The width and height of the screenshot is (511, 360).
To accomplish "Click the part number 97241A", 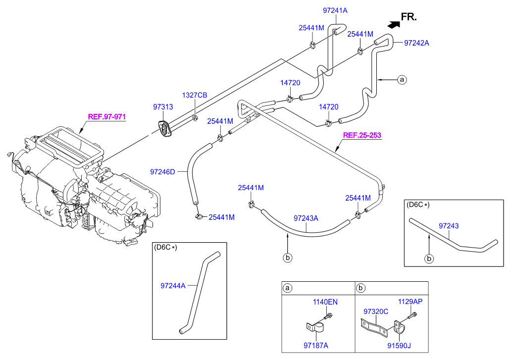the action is tap(335, 10).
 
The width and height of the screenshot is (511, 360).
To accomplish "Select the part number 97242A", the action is tap(416, 43).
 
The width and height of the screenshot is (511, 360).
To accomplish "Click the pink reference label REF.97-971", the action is tap(107, 117).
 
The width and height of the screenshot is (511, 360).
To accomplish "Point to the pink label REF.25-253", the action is tap(362, 135).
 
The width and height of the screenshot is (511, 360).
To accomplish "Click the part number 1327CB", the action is tap(195, 95).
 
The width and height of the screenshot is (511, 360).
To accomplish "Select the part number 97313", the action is tap(163, 107).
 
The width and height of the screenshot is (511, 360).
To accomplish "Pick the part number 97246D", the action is tap(162, 172).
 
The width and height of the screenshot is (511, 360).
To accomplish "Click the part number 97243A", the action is tap(306, 218).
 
